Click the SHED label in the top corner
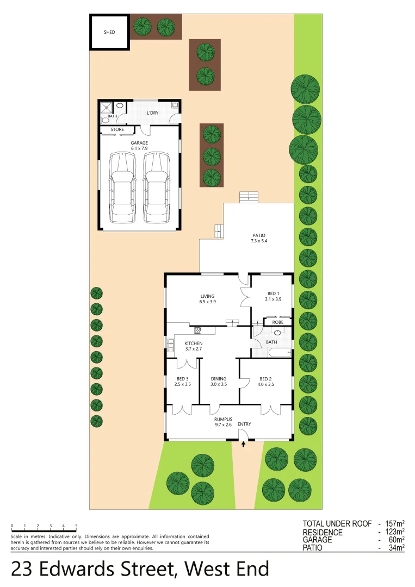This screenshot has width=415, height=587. (109, 33)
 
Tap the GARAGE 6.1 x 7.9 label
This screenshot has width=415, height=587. (139, 145)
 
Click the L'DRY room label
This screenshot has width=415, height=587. (153, 113)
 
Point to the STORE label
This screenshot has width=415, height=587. (117, 130)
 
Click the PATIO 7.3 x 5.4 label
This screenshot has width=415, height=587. (259, 238)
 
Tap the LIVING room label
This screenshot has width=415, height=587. (207, 298)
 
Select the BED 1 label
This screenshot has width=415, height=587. (274, 296)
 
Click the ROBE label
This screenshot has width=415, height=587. (278, 322)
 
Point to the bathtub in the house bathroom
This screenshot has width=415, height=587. (278, 353)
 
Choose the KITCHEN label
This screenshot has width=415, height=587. (193, 346)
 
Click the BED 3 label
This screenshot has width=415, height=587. (183, 382)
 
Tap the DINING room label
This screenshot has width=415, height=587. (218, 382)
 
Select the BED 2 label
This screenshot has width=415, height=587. (265, 382)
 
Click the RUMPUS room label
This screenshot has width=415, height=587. (223, 421)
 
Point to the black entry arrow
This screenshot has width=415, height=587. (243, 445)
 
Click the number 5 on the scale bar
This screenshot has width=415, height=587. (76, 526)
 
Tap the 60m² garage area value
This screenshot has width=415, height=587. (395, 540)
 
